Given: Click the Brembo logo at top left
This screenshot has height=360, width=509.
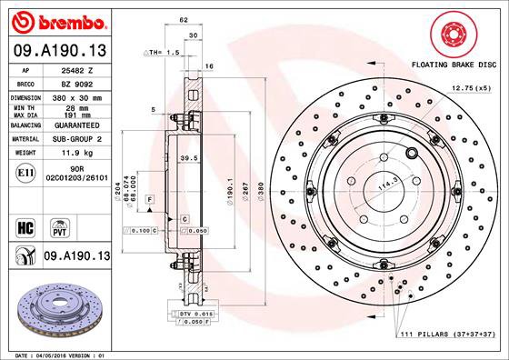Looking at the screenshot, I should (x=56, y=19).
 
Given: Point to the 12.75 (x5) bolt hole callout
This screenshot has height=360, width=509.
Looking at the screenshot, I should (x=470, y=88).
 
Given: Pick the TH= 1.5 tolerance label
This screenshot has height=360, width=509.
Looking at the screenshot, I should (x=161, y=53).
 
